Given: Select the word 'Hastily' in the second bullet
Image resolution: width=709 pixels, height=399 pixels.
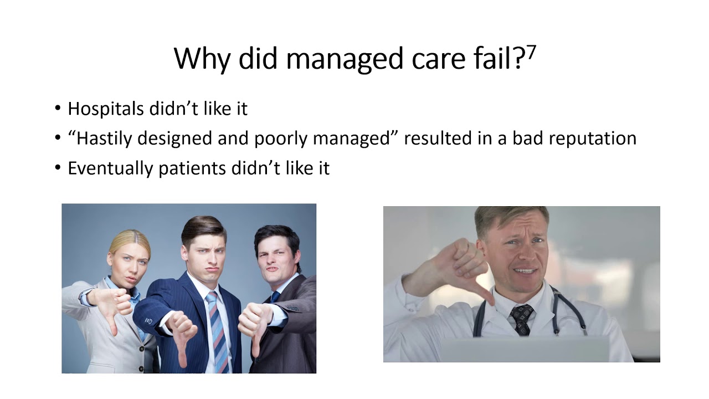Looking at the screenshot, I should click(x=105, y=138).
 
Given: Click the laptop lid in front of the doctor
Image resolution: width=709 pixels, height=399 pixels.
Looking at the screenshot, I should click(x=523, y=349).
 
